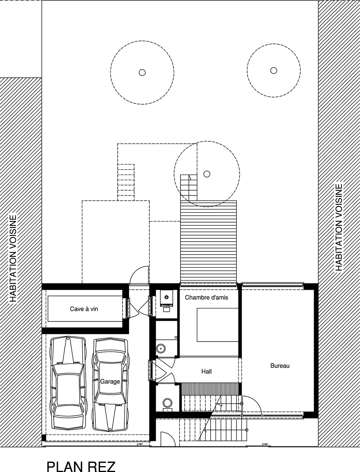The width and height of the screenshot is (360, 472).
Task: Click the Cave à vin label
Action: [84, 309]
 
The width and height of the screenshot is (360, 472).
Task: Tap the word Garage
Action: [110, 382]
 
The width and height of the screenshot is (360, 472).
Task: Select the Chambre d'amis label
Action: [206, 297]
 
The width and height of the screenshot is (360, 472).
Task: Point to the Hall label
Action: [206, 371]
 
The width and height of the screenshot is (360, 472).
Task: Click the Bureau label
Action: [280, 366]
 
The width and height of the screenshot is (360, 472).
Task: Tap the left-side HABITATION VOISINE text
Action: [13, 258]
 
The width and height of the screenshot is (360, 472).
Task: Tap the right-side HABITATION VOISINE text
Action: [338, 227]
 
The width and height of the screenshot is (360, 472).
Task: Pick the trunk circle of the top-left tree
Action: [142, 73]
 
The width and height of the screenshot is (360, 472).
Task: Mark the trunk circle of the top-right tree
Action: [273, 70]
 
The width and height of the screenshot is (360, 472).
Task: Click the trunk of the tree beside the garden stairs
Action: [207, 174]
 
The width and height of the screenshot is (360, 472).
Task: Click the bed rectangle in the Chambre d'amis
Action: [217, 325]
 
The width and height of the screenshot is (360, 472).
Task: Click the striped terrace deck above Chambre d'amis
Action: [209, 242]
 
